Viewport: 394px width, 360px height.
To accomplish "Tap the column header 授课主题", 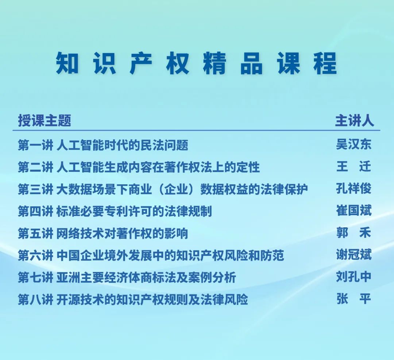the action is (x=45, y=120).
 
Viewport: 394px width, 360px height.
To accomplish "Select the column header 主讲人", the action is (x=354, y=120).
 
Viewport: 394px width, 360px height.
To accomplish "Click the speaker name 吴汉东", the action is (x=354, y=144).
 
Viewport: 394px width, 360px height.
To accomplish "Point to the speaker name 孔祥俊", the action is (x=354, y=189).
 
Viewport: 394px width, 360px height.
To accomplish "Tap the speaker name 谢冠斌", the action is (x=354, y=255).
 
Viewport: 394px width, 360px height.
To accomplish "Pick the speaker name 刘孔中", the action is (x=354, y=277).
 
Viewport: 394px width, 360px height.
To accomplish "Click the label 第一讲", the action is (x=35, y=145).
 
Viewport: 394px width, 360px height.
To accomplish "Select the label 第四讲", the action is (x=35, y=211).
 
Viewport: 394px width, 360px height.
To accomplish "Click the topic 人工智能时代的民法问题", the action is (x=122, y=145).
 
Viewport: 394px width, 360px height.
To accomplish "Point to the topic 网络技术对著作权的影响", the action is (x=122, y=233).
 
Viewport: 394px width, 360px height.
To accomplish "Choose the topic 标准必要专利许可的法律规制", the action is (x=134, y=211).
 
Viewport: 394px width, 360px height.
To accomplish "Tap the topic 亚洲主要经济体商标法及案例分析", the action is (x=146, y=278).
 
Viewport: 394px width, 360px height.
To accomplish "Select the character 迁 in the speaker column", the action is (x=365, y=167).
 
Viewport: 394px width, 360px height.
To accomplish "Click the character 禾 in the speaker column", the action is (x=365, y=233).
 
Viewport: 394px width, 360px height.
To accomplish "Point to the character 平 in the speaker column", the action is (x=365, y=299).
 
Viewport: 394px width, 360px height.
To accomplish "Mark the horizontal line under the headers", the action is (x=196, y=130).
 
